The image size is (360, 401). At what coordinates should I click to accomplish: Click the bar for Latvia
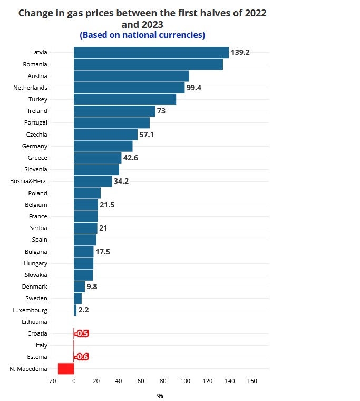(x=151, y=52)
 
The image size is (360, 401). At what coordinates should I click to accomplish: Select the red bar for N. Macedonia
(x=66, y=369)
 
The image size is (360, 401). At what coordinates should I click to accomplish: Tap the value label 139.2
(x=240, y=53)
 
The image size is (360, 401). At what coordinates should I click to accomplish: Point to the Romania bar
(x=148, y=64)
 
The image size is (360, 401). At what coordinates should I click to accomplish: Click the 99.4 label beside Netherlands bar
(x=194, y=88)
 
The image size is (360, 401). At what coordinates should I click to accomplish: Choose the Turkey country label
(x=37, y=99)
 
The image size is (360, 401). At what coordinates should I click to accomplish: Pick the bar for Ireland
(x=114, y=111)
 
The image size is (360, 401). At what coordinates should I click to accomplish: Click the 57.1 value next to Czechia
(x=147, y=135)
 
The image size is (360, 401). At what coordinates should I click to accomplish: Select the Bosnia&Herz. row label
(x=28, y=181)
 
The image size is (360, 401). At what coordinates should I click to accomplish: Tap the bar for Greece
(x=98, y=158)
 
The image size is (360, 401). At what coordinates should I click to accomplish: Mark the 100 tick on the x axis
(x=185, y=381)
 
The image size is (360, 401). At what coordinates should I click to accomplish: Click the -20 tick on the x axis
(x=52, y=381)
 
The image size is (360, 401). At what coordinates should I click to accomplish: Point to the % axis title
(x=160, y=396)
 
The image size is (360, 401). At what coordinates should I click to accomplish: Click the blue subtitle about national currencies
(x=142, y=35)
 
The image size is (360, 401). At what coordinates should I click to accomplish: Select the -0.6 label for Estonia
(x=82, y=357)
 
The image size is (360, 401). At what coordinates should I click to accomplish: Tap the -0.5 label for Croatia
(x=82, y=333)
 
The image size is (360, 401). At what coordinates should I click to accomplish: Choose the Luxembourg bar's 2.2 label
(x=83, y=310)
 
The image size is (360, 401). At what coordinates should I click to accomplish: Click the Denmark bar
(x=79, y=287)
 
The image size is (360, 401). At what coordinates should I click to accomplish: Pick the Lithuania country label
(x=34, y=322)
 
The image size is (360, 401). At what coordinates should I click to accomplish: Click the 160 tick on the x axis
(x=252, y=381)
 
